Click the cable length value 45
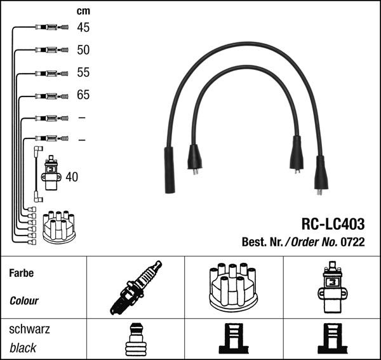83,27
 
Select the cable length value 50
83,50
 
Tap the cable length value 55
83,72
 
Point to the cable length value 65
83,95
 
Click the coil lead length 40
72,177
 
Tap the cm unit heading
83,11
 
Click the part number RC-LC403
332,223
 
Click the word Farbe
22,274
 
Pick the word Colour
25,301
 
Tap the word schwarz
29,330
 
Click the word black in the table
23,347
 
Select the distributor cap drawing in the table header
232,286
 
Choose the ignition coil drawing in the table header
331,286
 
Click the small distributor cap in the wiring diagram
58,227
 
